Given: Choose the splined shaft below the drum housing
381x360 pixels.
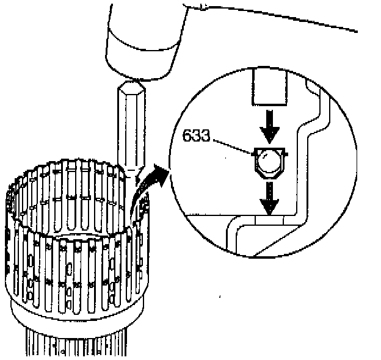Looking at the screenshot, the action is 79,342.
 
